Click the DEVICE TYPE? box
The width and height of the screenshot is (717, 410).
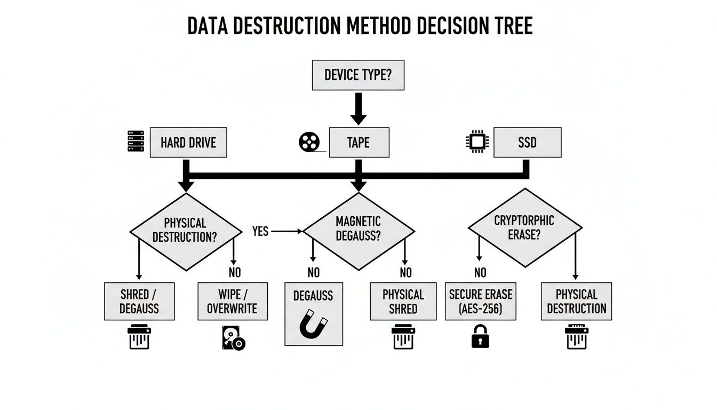coord(358,75)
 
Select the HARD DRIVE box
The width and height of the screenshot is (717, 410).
coord(188,142)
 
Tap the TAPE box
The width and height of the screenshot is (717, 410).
coord(359,142)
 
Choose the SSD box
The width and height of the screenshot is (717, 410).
coord(527,142)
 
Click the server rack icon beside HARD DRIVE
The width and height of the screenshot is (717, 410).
coord(136,141)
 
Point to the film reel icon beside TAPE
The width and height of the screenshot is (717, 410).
coord(308,142)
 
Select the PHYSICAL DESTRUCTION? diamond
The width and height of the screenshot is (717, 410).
coord(185,230)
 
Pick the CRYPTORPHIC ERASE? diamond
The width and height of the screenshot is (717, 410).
coord(524,227)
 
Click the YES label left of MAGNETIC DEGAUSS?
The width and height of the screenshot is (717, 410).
coord(260,232)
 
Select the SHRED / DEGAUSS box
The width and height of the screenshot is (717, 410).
coord(139,302)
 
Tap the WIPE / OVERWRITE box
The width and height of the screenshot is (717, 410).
coord(233,302)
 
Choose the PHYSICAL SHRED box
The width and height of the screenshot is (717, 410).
coord(403,302)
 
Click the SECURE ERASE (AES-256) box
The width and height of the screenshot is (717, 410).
coord(480,302)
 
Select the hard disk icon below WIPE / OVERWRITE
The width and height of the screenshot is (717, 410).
coord(233,338)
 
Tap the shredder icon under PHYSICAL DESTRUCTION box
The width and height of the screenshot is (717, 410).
coord(576,337)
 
